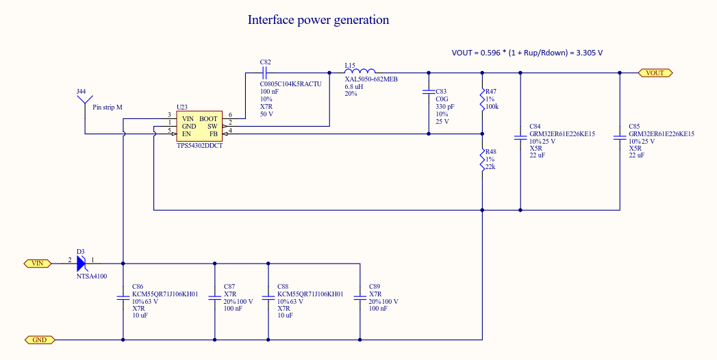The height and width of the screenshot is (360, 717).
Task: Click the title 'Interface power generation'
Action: (x=318, y=20)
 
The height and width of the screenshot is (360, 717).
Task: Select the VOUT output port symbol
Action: (x=655, y=73)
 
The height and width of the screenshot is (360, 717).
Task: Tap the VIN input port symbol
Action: (x=38, y=262)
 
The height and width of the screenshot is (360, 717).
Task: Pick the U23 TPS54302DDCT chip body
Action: (x=199, y=126)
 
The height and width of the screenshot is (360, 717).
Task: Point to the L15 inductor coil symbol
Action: (x=360, y=72)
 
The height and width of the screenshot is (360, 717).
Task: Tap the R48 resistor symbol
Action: (x=482, y=162)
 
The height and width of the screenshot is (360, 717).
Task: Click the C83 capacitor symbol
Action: (x=429, y=92)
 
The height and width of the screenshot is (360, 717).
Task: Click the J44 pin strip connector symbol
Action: (x=84, y=105)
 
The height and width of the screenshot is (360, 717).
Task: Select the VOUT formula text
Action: (x=527, y=53)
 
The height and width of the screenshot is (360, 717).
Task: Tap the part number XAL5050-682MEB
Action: (x=370, y=79)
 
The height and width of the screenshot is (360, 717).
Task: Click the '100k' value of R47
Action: (x=491, y=107)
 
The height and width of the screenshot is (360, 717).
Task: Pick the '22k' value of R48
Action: (x=490, y=167)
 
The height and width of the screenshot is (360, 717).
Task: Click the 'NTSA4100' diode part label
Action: (x=91, y=276)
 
